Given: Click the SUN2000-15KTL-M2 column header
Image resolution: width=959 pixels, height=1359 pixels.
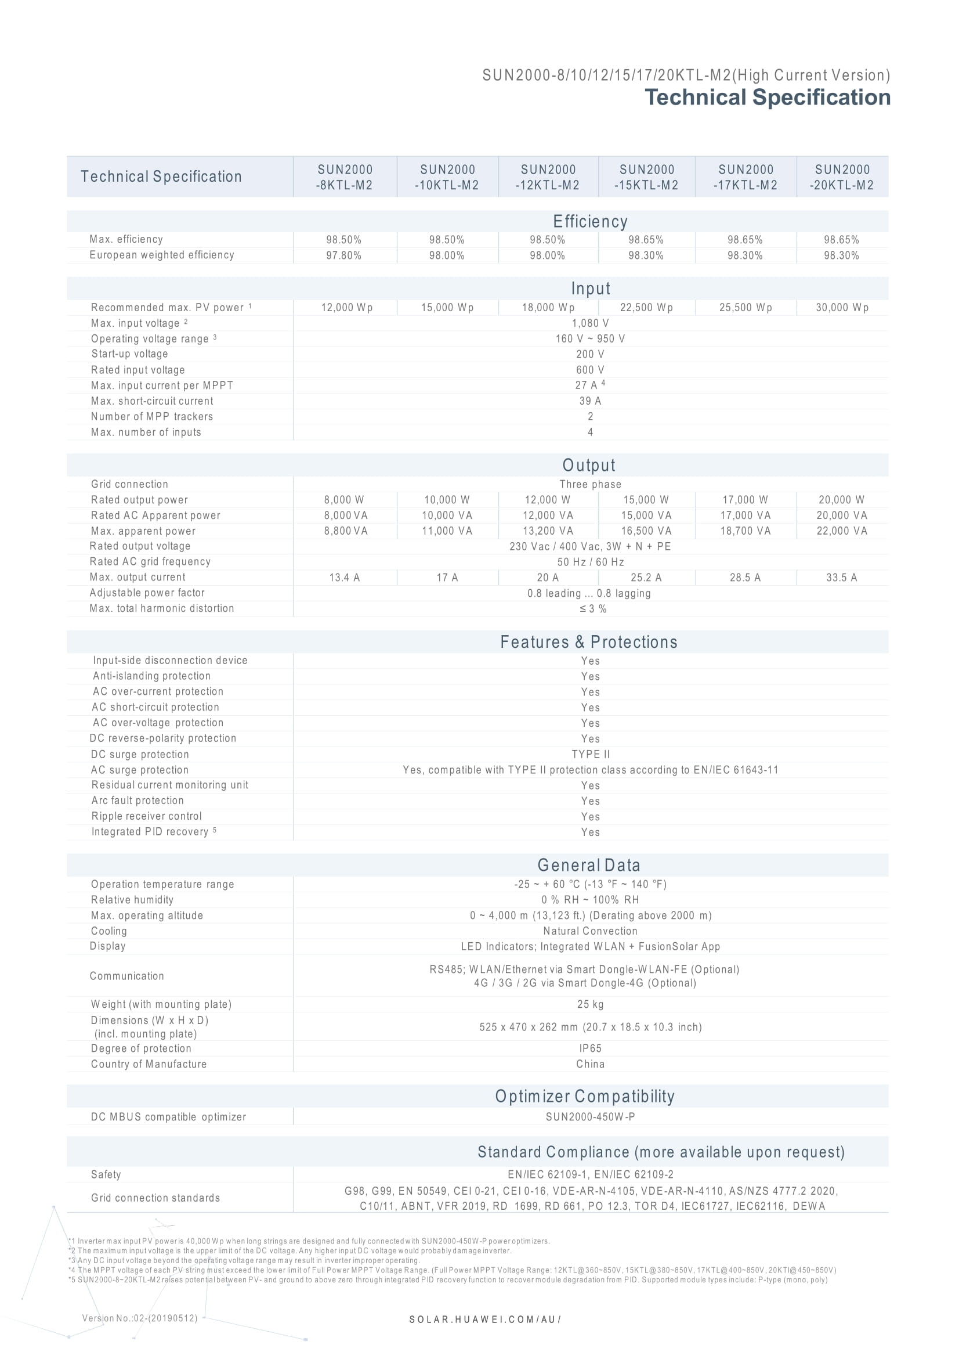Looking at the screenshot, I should click(x=646, y=177).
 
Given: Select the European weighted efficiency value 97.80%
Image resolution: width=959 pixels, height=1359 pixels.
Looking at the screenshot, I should click(x=343, y=255).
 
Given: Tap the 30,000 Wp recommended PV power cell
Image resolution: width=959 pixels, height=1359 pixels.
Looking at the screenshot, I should click(x=842, y=308).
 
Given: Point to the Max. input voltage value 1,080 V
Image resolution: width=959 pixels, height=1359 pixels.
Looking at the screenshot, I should click(x=590, y=323).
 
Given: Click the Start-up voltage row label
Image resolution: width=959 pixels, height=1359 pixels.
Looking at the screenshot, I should click(x=129, y=354).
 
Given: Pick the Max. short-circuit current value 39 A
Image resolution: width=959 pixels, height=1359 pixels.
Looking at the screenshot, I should click(x=590, y=401).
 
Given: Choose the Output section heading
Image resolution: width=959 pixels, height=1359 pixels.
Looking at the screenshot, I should click(x=589, y=465).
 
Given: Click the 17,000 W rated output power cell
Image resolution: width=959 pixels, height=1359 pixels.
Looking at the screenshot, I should click(x=745, y=500).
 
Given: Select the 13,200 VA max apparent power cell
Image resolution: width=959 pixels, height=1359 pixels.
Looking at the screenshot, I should click(x=547, y=532).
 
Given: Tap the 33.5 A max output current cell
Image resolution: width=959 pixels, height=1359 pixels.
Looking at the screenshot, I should click(x=841, y=578).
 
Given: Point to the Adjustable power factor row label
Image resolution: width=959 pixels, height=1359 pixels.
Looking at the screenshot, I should click(x=147, y=593).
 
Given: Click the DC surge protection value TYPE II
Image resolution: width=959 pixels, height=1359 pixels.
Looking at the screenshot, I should click(x=590, y=755).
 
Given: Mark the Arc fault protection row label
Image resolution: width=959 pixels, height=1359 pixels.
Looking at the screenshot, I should click(x=137, y=801).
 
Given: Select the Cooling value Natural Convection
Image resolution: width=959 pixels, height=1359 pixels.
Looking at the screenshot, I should click(x=590, y=931).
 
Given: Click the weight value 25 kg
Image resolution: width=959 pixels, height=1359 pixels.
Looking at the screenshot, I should click(x=590, y=1004).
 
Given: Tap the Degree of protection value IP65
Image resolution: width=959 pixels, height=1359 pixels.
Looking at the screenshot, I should click(x=590, y=1048).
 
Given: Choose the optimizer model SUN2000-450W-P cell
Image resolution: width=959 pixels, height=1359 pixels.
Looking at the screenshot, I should click(x=590, y=1117).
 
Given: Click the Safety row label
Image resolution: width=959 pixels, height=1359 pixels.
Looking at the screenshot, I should click(x=106, y=1174).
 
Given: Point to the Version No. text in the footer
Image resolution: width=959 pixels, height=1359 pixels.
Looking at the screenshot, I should click(x=140, y=1318).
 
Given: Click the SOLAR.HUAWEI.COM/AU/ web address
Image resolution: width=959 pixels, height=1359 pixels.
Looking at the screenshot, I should click(x=485, y=1320).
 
